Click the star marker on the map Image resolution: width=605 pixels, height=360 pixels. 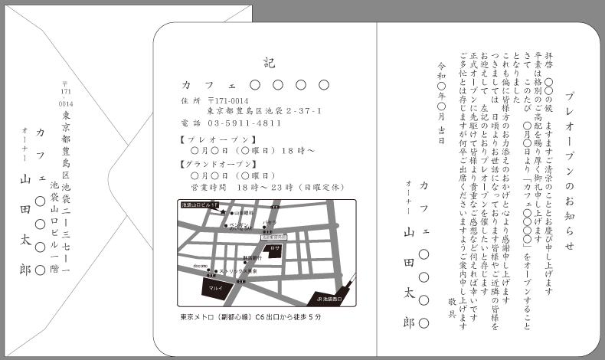coord(223,212)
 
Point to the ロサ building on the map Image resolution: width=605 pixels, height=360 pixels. coord(276,249)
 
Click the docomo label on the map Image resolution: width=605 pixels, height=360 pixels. coord(199,266)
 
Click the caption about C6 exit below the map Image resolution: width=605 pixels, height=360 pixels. coord(250,316)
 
